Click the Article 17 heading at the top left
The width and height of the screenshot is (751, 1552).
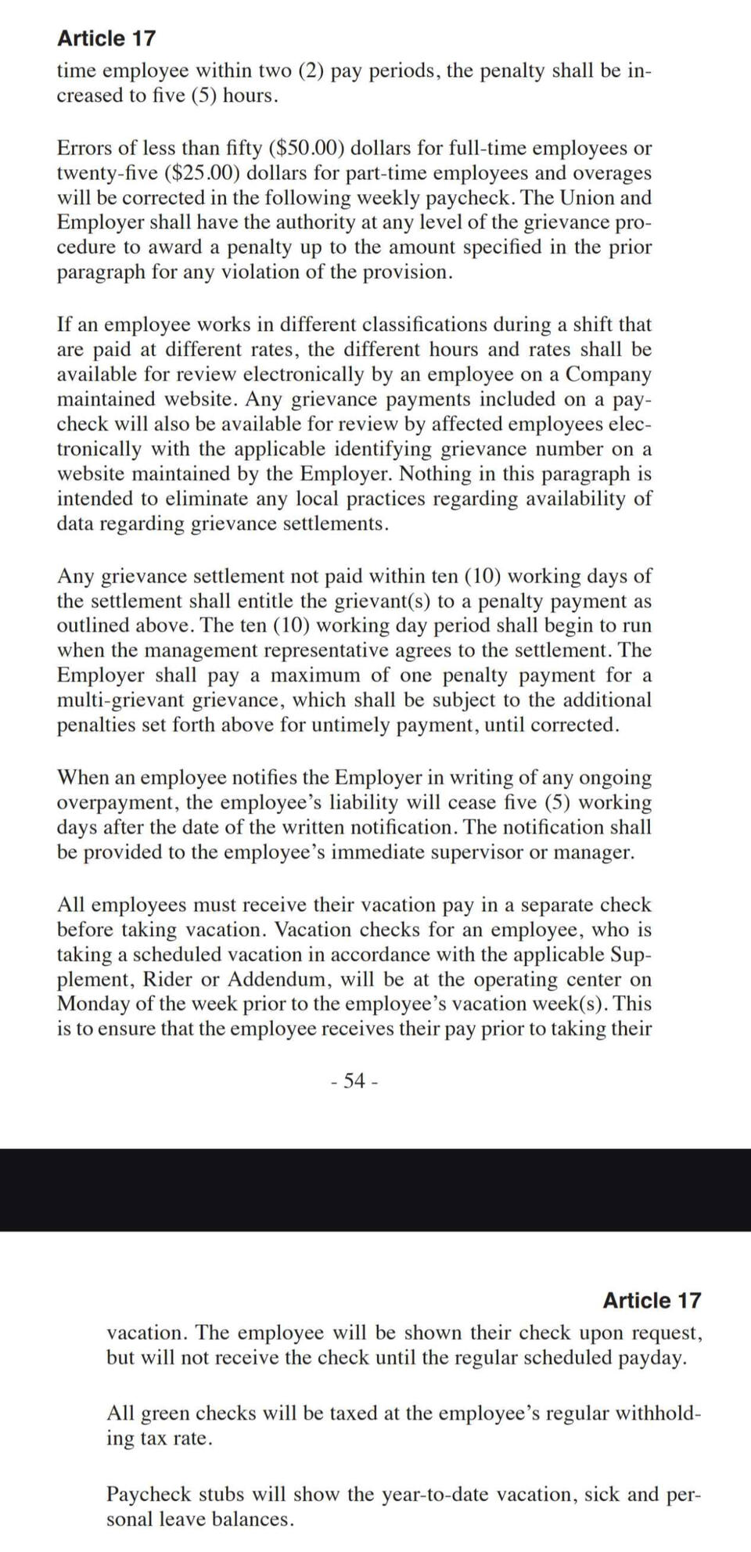point(106,38)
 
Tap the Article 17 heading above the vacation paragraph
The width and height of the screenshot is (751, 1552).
point(652,1301)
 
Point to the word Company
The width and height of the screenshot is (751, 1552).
point(609,374)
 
